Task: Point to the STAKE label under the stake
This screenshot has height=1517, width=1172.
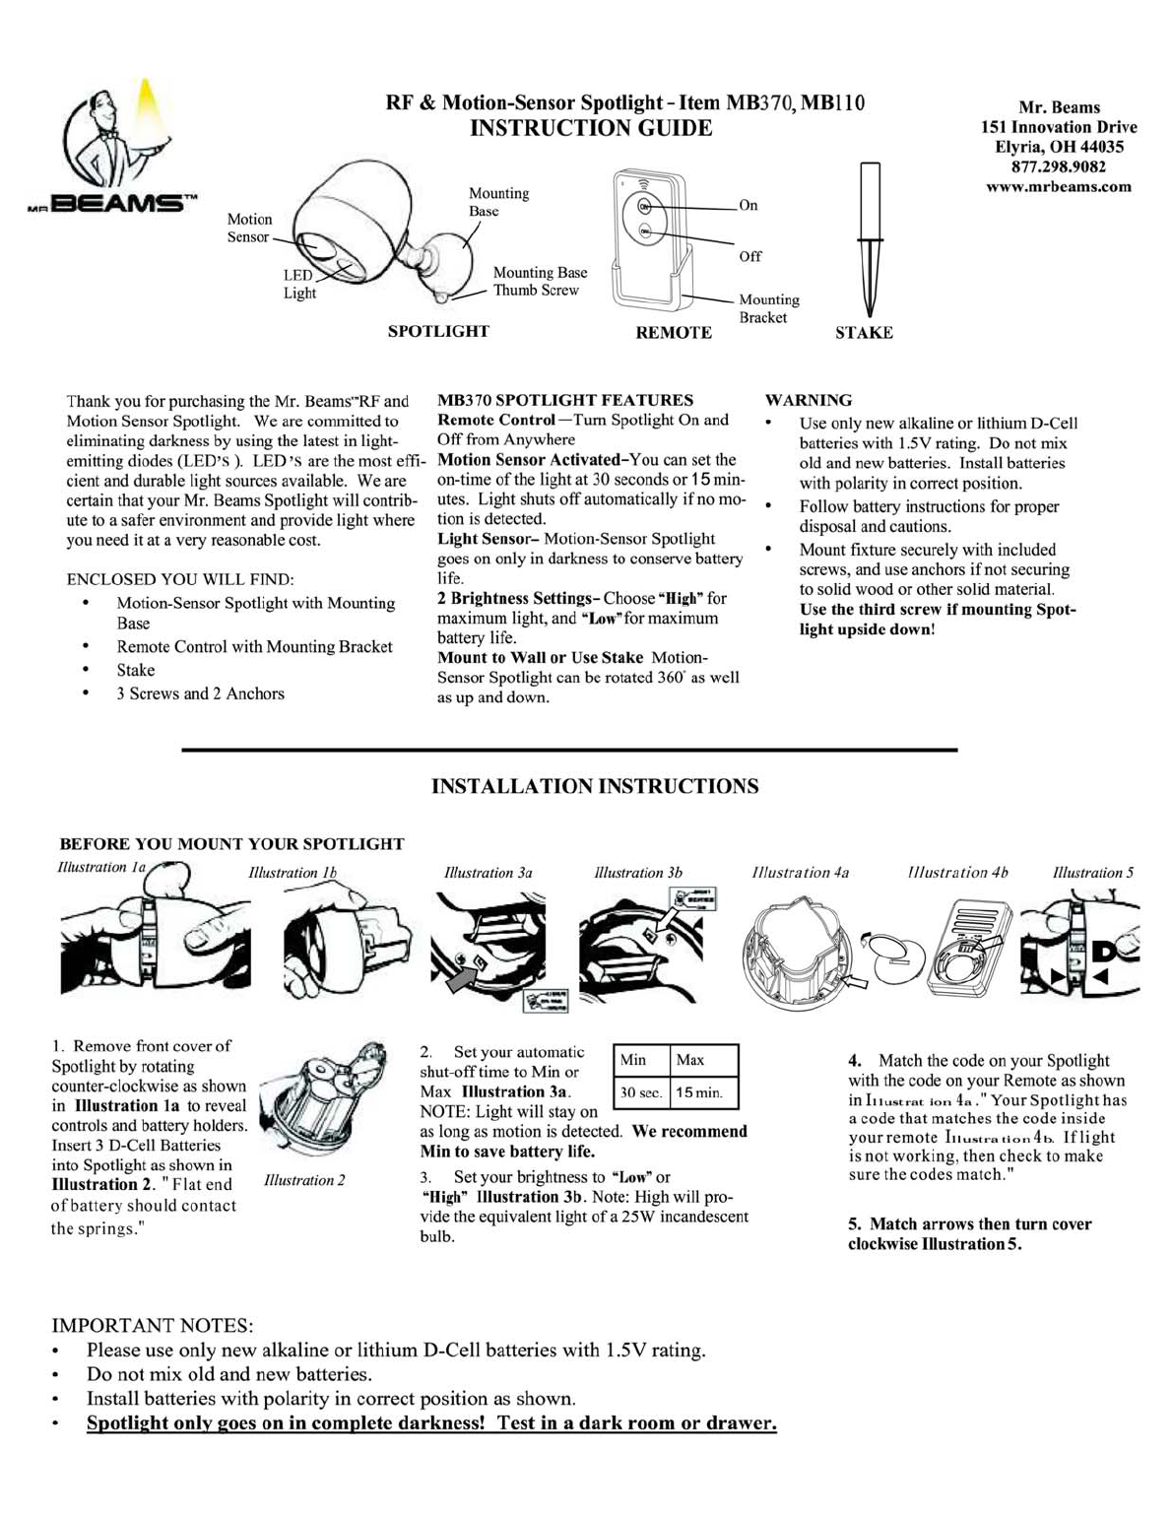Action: [864, 333]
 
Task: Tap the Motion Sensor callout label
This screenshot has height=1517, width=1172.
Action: [249, 228]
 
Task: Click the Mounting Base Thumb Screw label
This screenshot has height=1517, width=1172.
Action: [540, 281]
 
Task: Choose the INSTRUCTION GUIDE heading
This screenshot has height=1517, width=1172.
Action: [590, 128]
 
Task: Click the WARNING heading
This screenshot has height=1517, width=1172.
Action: [809, 400]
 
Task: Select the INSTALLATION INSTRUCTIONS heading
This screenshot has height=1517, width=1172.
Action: [595, 786]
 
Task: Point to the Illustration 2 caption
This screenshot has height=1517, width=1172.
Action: [304, 1180]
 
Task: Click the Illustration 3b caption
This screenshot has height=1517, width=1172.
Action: [638, 873]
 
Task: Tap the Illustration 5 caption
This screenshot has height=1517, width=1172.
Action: [1093, 873]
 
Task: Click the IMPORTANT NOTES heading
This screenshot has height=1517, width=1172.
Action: [153, 1325]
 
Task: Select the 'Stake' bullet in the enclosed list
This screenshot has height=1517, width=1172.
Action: [136, 670]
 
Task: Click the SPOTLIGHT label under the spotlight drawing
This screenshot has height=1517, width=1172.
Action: [438, 331]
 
